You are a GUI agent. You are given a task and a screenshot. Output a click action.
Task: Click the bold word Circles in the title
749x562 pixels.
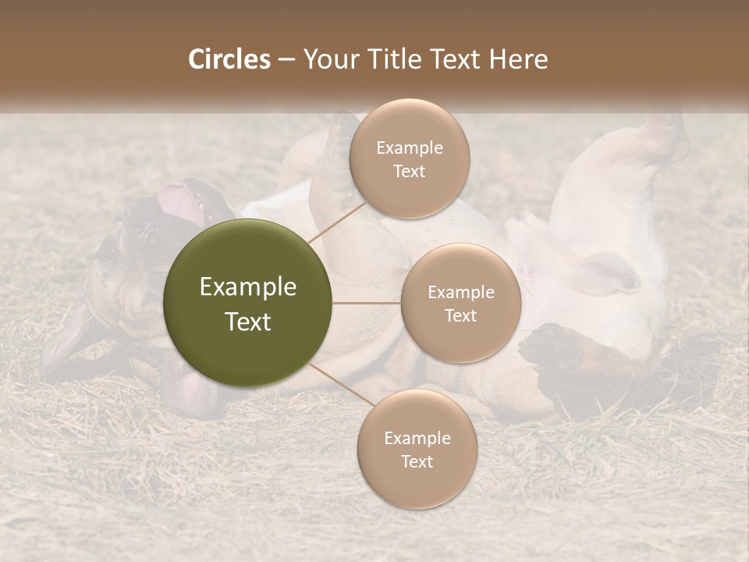pyautogui.click(x=229, y=59)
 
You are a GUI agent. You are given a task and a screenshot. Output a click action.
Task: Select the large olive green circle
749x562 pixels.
pyautogui.click(x=248, y=303)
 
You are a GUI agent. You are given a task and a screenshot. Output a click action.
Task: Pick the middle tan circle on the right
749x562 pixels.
pyautogui.click(x=461, y=303)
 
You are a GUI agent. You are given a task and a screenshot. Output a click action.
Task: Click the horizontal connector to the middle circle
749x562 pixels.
pyautogui.click(x=367, y=303)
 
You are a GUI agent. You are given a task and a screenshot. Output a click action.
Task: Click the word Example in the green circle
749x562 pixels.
pyautogui.click(x=248, y=287)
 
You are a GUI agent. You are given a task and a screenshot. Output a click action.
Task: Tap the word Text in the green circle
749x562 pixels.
pyautogui.click(x=248, y=322)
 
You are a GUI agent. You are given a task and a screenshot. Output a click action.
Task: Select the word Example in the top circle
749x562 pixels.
pyautogui.click(x=410, y=148)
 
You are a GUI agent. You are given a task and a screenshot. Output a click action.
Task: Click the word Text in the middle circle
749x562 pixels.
pyautogui.click(x=461, y=315)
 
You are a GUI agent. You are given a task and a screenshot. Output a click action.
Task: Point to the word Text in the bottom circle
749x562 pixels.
pyautogui.click(x=417, y=461)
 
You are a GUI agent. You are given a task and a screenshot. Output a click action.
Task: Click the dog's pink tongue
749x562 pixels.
pyautogui.click(x=181, y=201)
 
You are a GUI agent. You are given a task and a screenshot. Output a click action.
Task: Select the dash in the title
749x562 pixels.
pyautogui.click(x=286, y=59)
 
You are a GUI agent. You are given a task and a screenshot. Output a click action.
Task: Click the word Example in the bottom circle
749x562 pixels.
pyautogui.click(x=417, y=439)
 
